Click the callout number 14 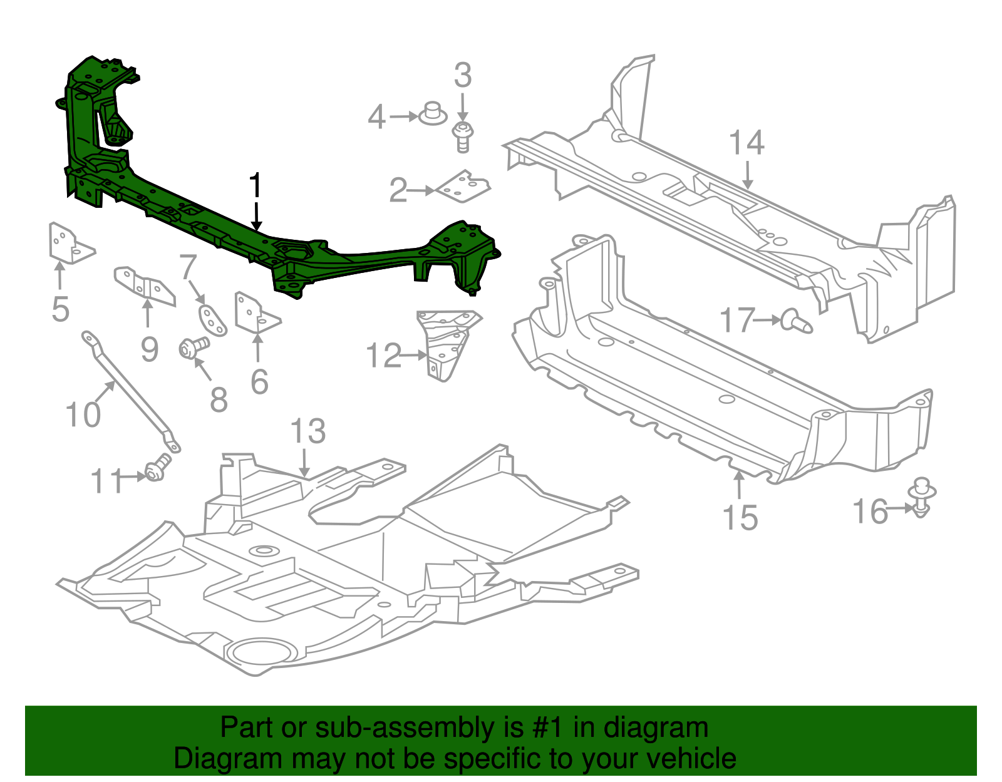pos(746,143)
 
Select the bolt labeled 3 pos(463,136)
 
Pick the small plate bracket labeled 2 pos(464,187)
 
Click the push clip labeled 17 pos(797,322)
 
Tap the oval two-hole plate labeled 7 pos(212,319)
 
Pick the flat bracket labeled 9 pos(145,287)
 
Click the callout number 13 pos(308,432)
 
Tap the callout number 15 pos(740,517)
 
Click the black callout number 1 pos(255,187)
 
